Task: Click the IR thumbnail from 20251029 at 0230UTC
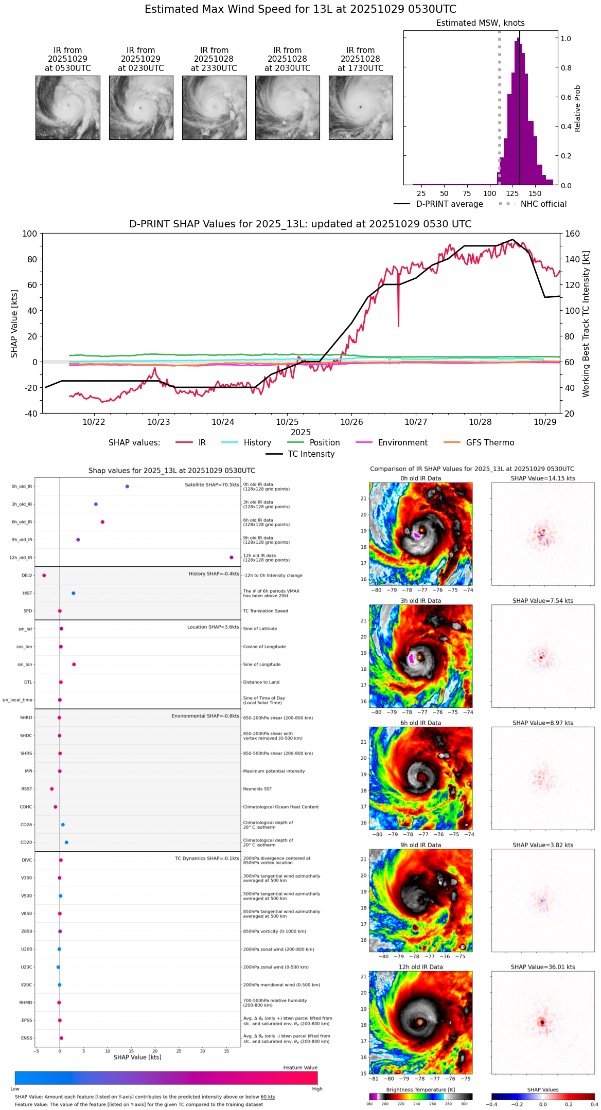coord(141,108)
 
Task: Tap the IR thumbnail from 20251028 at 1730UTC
coord(361,108)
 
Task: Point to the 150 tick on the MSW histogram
coord(535,194)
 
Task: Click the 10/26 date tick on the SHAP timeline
coord(351,422)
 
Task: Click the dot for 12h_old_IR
coord(232,558)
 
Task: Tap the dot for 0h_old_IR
coord(127,486)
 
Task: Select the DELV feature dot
coord(44,576)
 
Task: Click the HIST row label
coord(27,593)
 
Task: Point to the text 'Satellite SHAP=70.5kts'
coord(212,485)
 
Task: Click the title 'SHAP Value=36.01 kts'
coord(543,967)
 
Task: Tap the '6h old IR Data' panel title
coord(420,723)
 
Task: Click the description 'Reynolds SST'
coord(257,789)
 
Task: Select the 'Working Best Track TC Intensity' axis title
coord(586,324)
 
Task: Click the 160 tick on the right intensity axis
coord(573,234)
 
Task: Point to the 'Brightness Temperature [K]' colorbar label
coord(420,1089)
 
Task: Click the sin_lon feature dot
coord(74,665)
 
